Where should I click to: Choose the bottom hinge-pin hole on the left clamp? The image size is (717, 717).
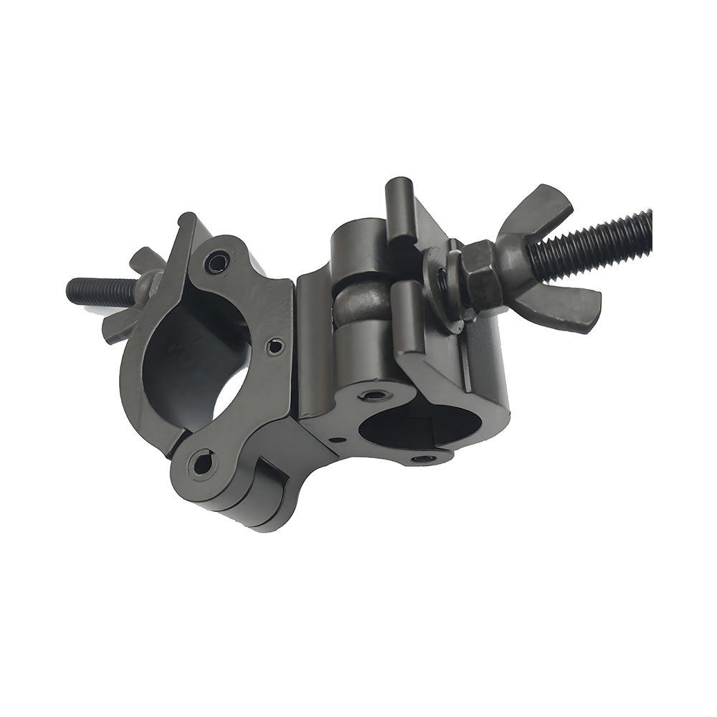[202, 464]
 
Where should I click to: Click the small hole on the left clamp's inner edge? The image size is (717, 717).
[275, 347]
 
